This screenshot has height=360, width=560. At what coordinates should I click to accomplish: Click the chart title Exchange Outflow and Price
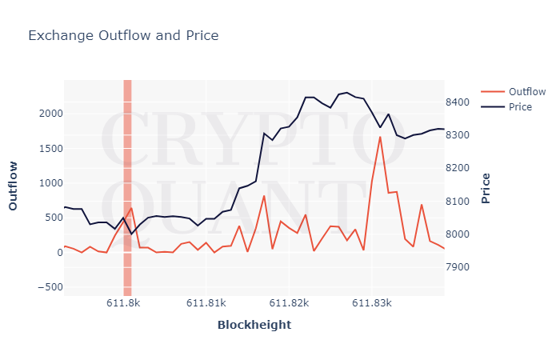(123, 35)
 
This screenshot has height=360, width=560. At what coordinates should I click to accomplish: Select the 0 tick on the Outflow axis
(54, 252)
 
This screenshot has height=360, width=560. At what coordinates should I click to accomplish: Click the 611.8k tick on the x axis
(124, 304)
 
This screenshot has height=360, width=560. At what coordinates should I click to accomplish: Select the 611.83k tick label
(371, 304)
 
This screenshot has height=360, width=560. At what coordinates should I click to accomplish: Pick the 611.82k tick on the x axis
(289, 304)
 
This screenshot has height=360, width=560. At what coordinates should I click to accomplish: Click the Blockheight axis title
(254, 325)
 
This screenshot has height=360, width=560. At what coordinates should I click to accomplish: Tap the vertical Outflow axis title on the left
(13, 186)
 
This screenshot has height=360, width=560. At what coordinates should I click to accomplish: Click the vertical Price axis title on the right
(486, 188)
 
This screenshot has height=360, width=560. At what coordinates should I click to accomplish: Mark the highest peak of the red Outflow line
(380, 137)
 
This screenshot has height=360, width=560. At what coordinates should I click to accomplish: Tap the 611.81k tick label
(206, 304)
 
